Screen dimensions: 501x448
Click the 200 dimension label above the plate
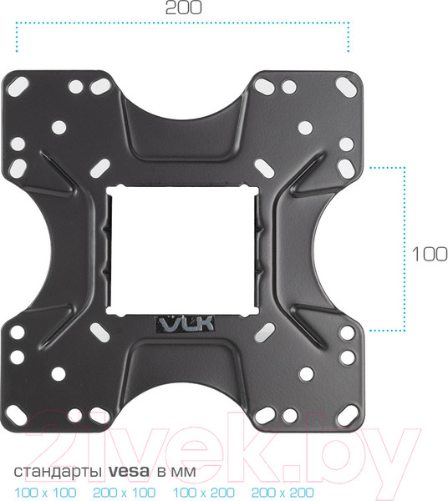click(x=182, y=9)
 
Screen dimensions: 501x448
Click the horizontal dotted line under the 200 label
click(x=182, y=27)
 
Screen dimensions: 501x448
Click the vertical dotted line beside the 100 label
click(x=405, y=250)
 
